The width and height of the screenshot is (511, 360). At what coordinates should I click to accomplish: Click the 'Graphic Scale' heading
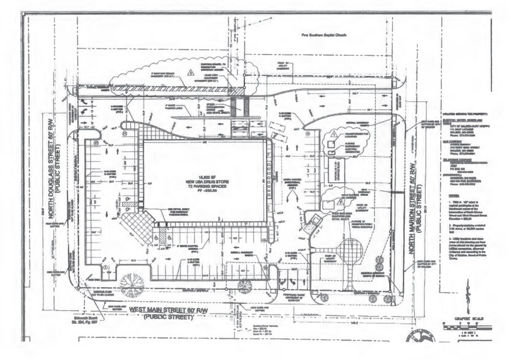pos(468,318)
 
